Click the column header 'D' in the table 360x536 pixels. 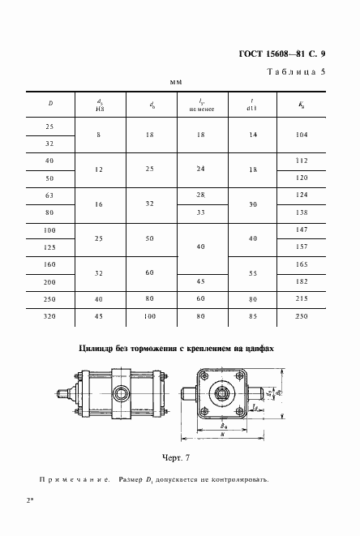point(50,103)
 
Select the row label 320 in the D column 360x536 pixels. point(50,316)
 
